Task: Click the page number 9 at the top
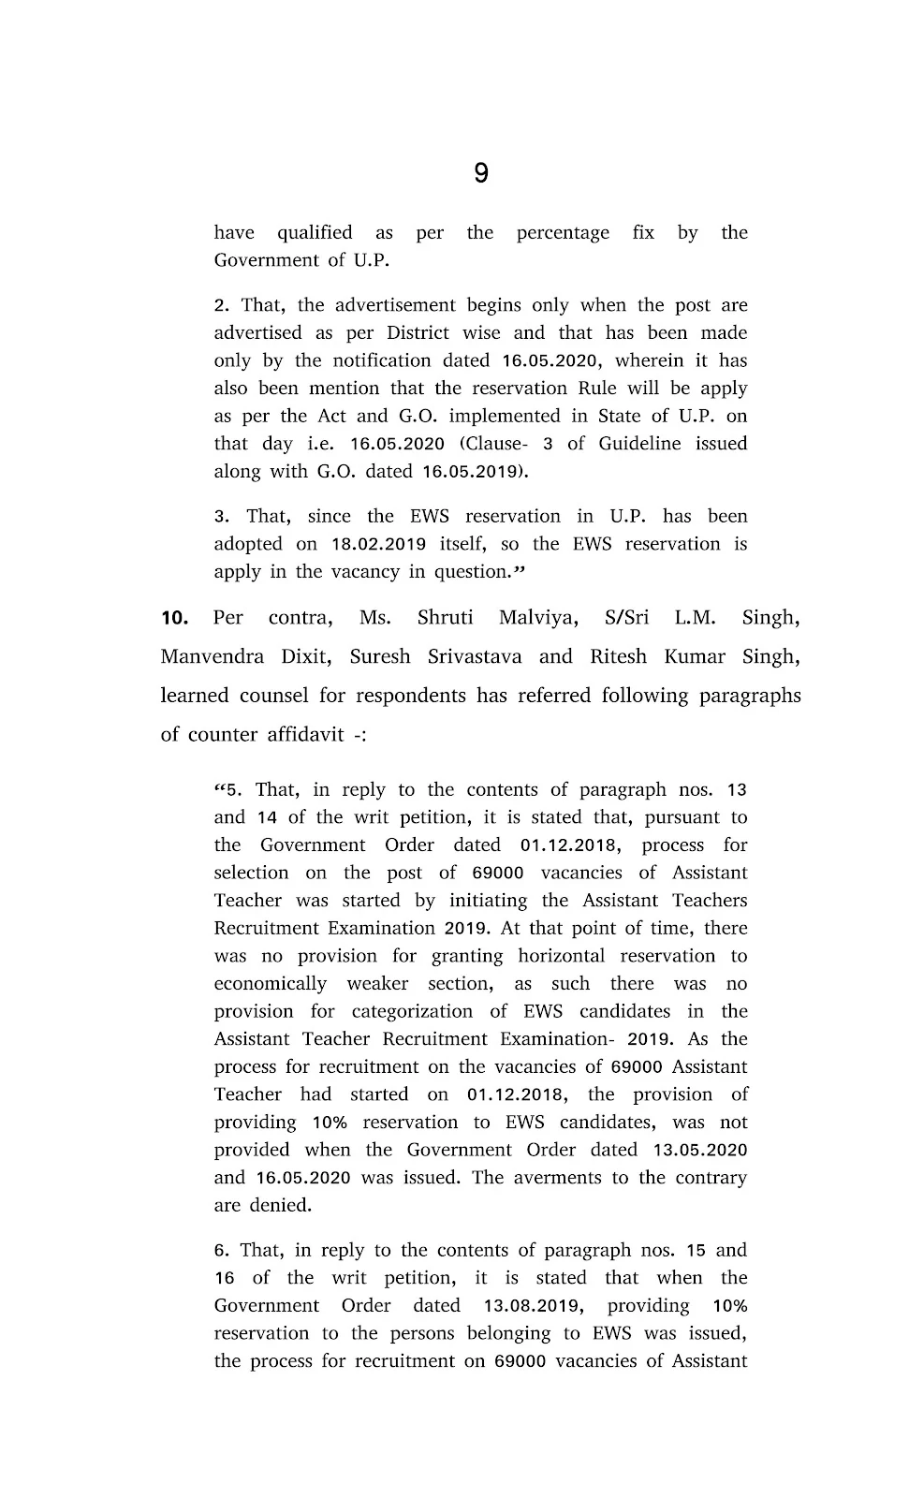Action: (x=480, y=173)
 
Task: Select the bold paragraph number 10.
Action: (x=175, y=618)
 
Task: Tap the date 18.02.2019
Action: (x=379, y=544)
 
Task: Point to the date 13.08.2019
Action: (x=534, y=1306)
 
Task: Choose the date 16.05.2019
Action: (x=473, y=472)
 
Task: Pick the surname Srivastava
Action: (x=475, y=656)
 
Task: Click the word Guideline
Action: (x=640, y=444)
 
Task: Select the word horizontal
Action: (x=574, y=956)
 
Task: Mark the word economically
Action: (x=271, y=984)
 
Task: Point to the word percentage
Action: (x=563, y=233)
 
